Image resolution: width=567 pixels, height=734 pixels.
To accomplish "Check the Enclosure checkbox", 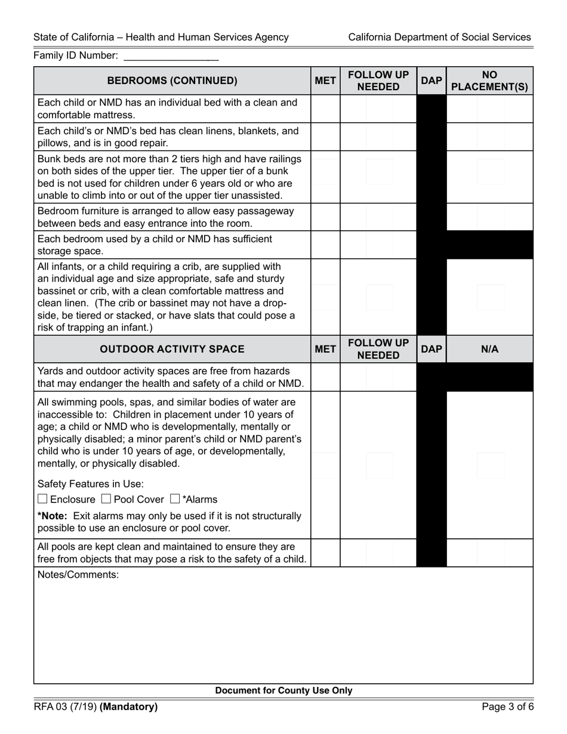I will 42,499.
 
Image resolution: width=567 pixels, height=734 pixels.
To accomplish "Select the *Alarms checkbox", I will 175,499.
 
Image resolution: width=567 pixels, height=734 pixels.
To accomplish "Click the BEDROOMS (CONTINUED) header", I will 172,81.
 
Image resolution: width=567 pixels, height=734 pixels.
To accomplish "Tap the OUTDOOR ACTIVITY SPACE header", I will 172,349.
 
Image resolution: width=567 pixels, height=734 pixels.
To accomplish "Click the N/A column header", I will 489,349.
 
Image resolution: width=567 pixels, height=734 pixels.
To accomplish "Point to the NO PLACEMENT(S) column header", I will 489,81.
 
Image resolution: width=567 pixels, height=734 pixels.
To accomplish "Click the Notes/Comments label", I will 78,575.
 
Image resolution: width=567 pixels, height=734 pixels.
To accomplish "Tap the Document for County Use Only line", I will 283,690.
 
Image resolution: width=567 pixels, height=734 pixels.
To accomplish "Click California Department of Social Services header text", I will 439,37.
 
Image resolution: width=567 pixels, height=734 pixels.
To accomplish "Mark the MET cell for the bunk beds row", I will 325,177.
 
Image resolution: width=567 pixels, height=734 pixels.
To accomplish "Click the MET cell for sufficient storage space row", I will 325,245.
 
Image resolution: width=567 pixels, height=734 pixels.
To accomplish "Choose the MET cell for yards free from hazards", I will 325,377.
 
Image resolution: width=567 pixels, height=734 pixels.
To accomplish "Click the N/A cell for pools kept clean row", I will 489,553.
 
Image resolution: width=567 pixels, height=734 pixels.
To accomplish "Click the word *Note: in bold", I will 53,516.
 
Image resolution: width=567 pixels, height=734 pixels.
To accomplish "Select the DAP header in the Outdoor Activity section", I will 431,349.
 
